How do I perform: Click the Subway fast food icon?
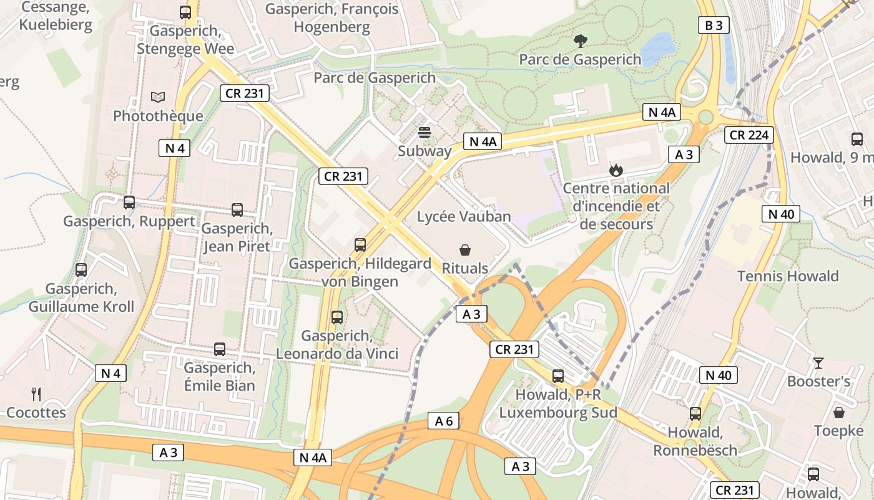425,132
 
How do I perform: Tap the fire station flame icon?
616,170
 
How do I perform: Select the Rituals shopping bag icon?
465,251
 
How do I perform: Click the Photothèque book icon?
159,97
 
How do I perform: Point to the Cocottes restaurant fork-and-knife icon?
36,394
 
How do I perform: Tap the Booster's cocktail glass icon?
818,362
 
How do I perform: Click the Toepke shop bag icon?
839,412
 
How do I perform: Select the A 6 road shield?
444,421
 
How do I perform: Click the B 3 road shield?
714,25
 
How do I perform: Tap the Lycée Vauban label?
464,217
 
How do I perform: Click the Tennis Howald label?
788,276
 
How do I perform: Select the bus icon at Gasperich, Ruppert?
129,202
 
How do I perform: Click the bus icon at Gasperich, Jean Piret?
237,210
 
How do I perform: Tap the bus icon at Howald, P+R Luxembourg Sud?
558,376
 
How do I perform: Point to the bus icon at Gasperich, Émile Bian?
220,349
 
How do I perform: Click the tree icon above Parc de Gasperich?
580,41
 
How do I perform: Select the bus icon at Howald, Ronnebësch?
695,414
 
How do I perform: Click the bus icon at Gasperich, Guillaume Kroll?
81,270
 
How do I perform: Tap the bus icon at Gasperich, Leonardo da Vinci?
337,317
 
